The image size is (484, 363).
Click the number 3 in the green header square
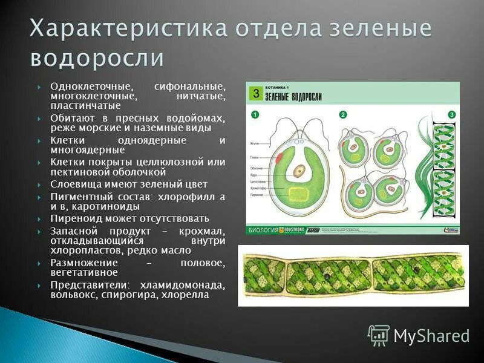coord(256,93)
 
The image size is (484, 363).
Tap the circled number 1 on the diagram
coord(255,114)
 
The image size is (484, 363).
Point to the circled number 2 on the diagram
coord(343,114)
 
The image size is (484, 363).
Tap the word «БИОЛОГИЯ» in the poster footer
coord(262,230)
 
